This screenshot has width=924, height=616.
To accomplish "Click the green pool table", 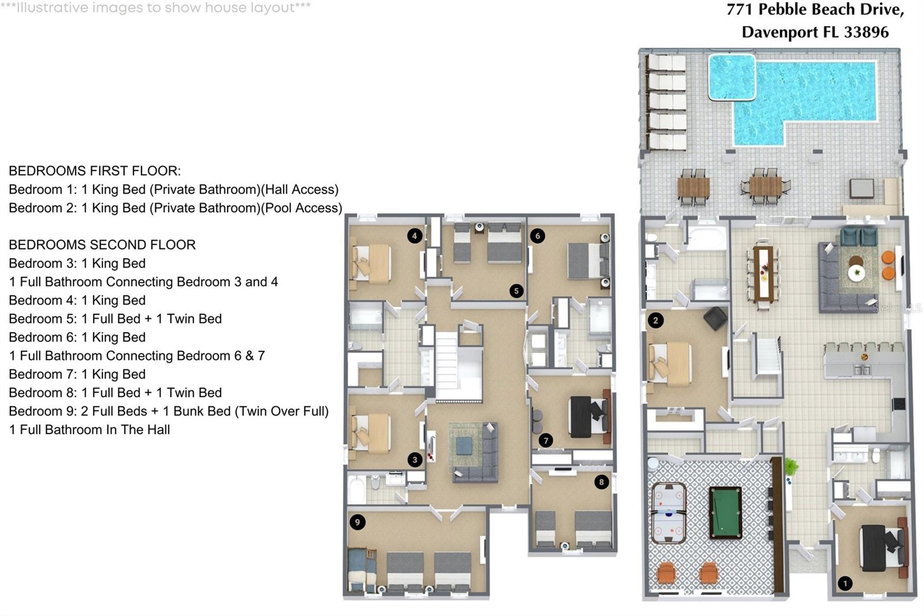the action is point(725,513).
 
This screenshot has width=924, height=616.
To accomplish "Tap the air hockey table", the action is point(669,513).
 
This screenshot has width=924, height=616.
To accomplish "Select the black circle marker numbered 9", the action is point(357,522).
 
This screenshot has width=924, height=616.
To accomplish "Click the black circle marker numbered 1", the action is point(845,584).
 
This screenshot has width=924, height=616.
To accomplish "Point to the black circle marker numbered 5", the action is point(516,291).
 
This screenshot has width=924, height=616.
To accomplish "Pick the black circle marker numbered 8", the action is point(601,482).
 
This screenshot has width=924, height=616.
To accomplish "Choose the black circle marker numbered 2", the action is point(655,320).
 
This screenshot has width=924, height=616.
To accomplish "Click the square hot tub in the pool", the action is point(732,77).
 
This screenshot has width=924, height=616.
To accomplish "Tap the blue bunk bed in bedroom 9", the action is point(362,570).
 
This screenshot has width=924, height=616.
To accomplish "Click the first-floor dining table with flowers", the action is point(763,274).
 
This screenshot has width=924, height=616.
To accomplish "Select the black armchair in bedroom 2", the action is point(715,318).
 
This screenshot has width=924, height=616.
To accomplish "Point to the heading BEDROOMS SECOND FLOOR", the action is point(102,245).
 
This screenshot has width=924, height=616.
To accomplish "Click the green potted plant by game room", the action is point(791,466).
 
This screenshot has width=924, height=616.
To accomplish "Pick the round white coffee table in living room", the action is point(856,273).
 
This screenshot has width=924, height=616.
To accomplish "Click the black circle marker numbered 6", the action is point(537,236).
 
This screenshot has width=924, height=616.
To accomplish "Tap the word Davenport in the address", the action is point(780,32).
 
